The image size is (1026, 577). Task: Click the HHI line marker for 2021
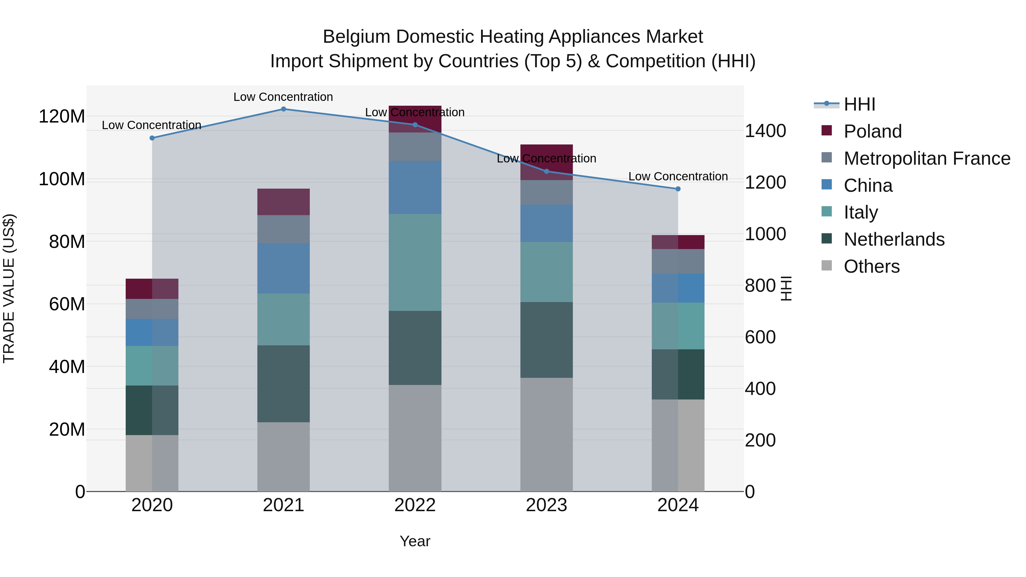pos(283,109)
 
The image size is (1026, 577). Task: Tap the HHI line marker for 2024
pos(678,189)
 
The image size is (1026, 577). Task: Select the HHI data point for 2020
pos(152,138)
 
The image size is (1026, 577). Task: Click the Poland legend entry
pos(872,131)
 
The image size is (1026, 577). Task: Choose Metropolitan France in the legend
pos(927,158)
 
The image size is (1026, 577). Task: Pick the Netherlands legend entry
pos(894,239)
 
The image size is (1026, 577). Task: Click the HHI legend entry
pos(859,104)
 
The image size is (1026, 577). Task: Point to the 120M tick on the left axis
pos(62,117)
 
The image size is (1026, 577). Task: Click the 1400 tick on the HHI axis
pos(765,131)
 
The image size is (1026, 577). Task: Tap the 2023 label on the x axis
pos(546,505)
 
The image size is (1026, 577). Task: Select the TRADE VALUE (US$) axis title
pos(9,288)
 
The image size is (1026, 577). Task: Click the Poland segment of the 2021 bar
pos(283,202)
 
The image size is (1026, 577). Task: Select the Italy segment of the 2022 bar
pos(415,262)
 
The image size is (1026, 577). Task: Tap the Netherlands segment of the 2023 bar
pos(546,340)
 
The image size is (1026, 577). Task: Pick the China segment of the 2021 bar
pos(283,268)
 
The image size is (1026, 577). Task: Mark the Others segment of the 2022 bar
pos(415,438)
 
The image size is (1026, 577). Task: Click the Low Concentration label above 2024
pos(678,176)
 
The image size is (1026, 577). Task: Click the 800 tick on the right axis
pos(760,286)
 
